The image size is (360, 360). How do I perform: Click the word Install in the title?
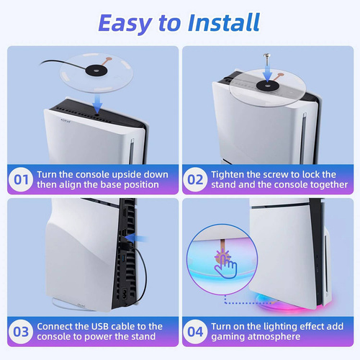[224, 22]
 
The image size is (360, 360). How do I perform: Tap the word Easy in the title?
[125, 24]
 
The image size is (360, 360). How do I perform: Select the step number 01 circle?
[21, 179]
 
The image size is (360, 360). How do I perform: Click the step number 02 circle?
[195, 179]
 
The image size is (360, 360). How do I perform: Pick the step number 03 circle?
[21, 332]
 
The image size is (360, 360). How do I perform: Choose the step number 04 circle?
[195, 332]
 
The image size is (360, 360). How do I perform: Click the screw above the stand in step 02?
[267, 60]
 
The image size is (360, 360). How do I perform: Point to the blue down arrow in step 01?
[97, 104]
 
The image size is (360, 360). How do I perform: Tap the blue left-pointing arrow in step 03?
[136, 238]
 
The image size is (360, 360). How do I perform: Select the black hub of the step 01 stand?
[96, 71]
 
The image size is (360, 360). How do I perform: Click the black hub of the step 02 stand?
[268, 85]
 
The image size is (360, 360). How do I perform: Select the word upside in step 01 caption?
[126, 175]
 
